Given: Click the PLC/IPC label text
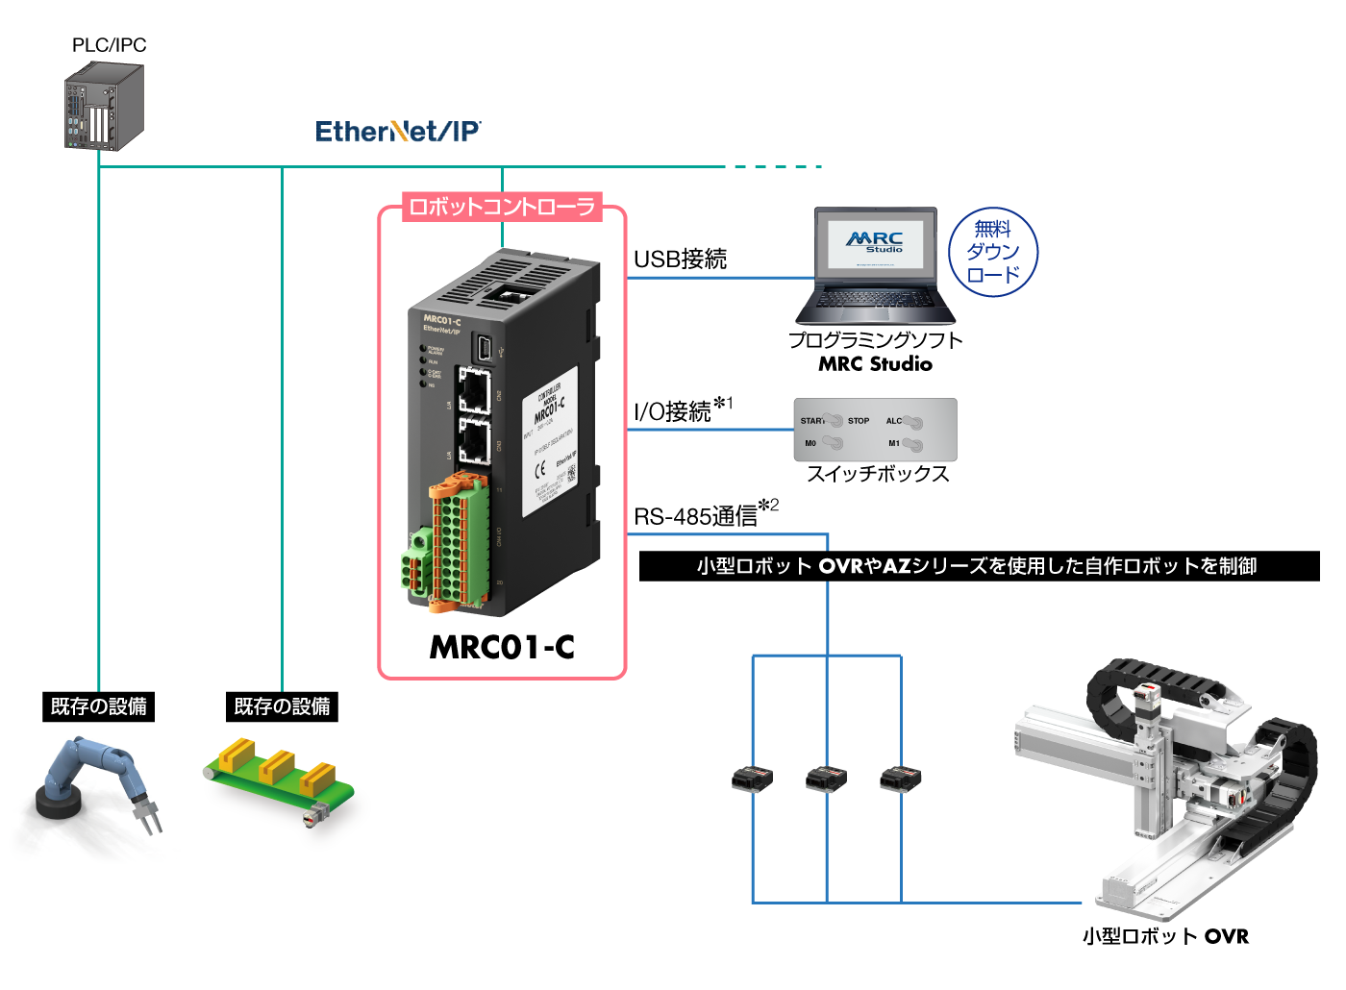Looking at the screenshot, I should (109, 45).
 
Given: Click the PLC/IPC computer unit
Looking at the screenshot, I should (104, 107).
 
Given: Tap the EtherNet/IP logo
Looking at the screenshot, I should (398, 132).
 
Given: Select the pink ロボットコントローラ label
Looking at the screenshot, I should (502, 207).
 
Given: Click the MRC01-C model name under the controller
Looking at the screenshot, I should (502, 647).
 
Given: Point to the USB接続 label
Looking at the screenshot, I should (680, 259).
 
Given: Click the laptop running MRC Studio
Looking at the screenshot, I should (875, 266).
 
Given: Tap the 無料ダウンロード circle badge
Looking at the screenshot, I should (993, 252).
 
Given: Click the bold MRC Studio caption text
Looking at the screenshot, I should (875, 364).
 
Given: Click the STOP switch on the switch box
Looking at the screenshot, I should (858, 421).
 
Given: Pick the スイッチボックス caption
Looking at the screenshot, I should (877, 474).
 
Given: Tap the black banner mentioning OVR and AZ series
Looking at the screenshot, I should (978, 566).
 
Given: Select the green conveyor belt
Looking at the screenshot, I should (279, 783).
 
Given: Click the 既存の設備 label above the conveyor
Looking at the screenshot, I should (282, 706).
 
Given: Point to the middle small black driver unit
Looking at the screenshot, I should (826, 778).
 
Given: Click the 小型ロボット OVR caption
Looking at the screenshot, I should (1165, 936).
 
